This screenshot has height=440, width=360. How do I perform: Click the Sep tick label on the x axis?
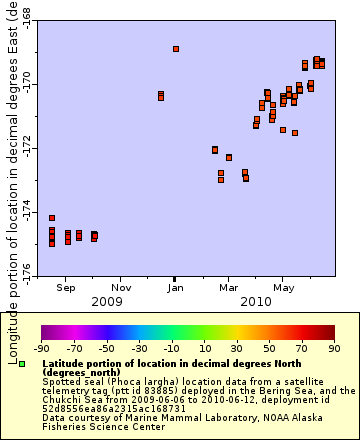[66, 288]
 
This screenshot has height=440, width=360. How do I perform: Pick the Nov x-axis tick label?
[120, 288]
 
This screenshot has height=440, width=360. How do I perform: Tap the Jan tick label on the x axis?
[174, 288]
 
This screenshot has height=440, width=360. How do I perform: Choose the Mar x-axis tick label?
[227, 288]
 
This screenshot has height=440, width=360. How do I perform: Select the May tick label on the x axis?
[282, 288]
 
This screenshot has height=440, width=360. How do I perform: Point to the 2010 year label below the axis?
[255, 301]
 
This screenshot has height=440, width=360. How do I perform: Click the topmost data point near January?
[176, 49]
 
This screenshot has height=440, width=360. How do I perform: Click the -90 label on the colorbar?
[41, 348]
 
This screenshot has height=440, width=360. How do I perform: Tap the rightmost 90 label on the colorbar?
[334, 348]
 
